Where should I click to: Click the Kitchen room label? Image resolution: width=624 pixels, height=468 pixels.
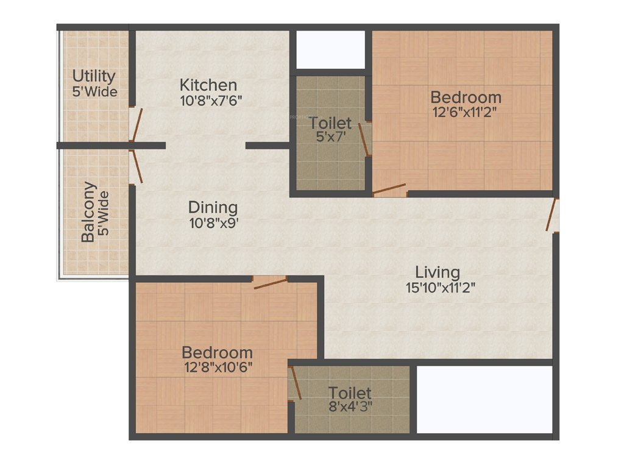point(208,85)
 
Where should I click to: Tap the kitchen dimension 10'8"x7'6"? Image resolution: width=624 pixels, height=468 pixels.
point(211,101)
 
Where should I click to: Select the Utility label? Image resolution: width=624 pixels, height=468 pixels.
point(94,77)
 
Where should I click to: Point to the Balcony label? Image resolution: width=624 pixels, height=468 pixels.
point(89,212)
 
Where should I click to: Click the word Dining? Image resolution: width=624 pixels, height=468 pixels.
point(213,207)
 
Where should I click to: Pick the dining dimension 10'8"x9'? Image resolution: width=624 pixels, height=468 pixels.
point(213,222)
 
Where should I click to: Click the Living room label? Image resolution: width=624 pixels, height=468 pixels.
point(438,272)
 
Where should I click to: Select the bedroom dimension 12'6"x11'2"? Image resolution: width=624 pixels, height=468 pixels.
point(466,113)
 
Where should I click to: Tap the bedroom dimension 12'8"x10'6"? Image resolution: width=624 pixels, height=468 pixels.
point(217,367)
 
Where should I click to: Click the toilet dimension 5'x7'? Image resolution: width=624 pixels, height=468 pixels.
point(330,138)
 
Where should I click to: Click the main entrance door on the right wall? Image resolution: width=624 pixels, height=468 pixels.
point(553,216)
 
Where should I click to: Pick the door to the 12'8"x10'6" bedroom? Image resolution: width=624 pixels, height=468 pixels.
point(270,282)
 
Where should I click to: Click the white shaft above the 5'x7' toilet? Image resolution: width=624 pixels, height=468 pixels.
point(330,49)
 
